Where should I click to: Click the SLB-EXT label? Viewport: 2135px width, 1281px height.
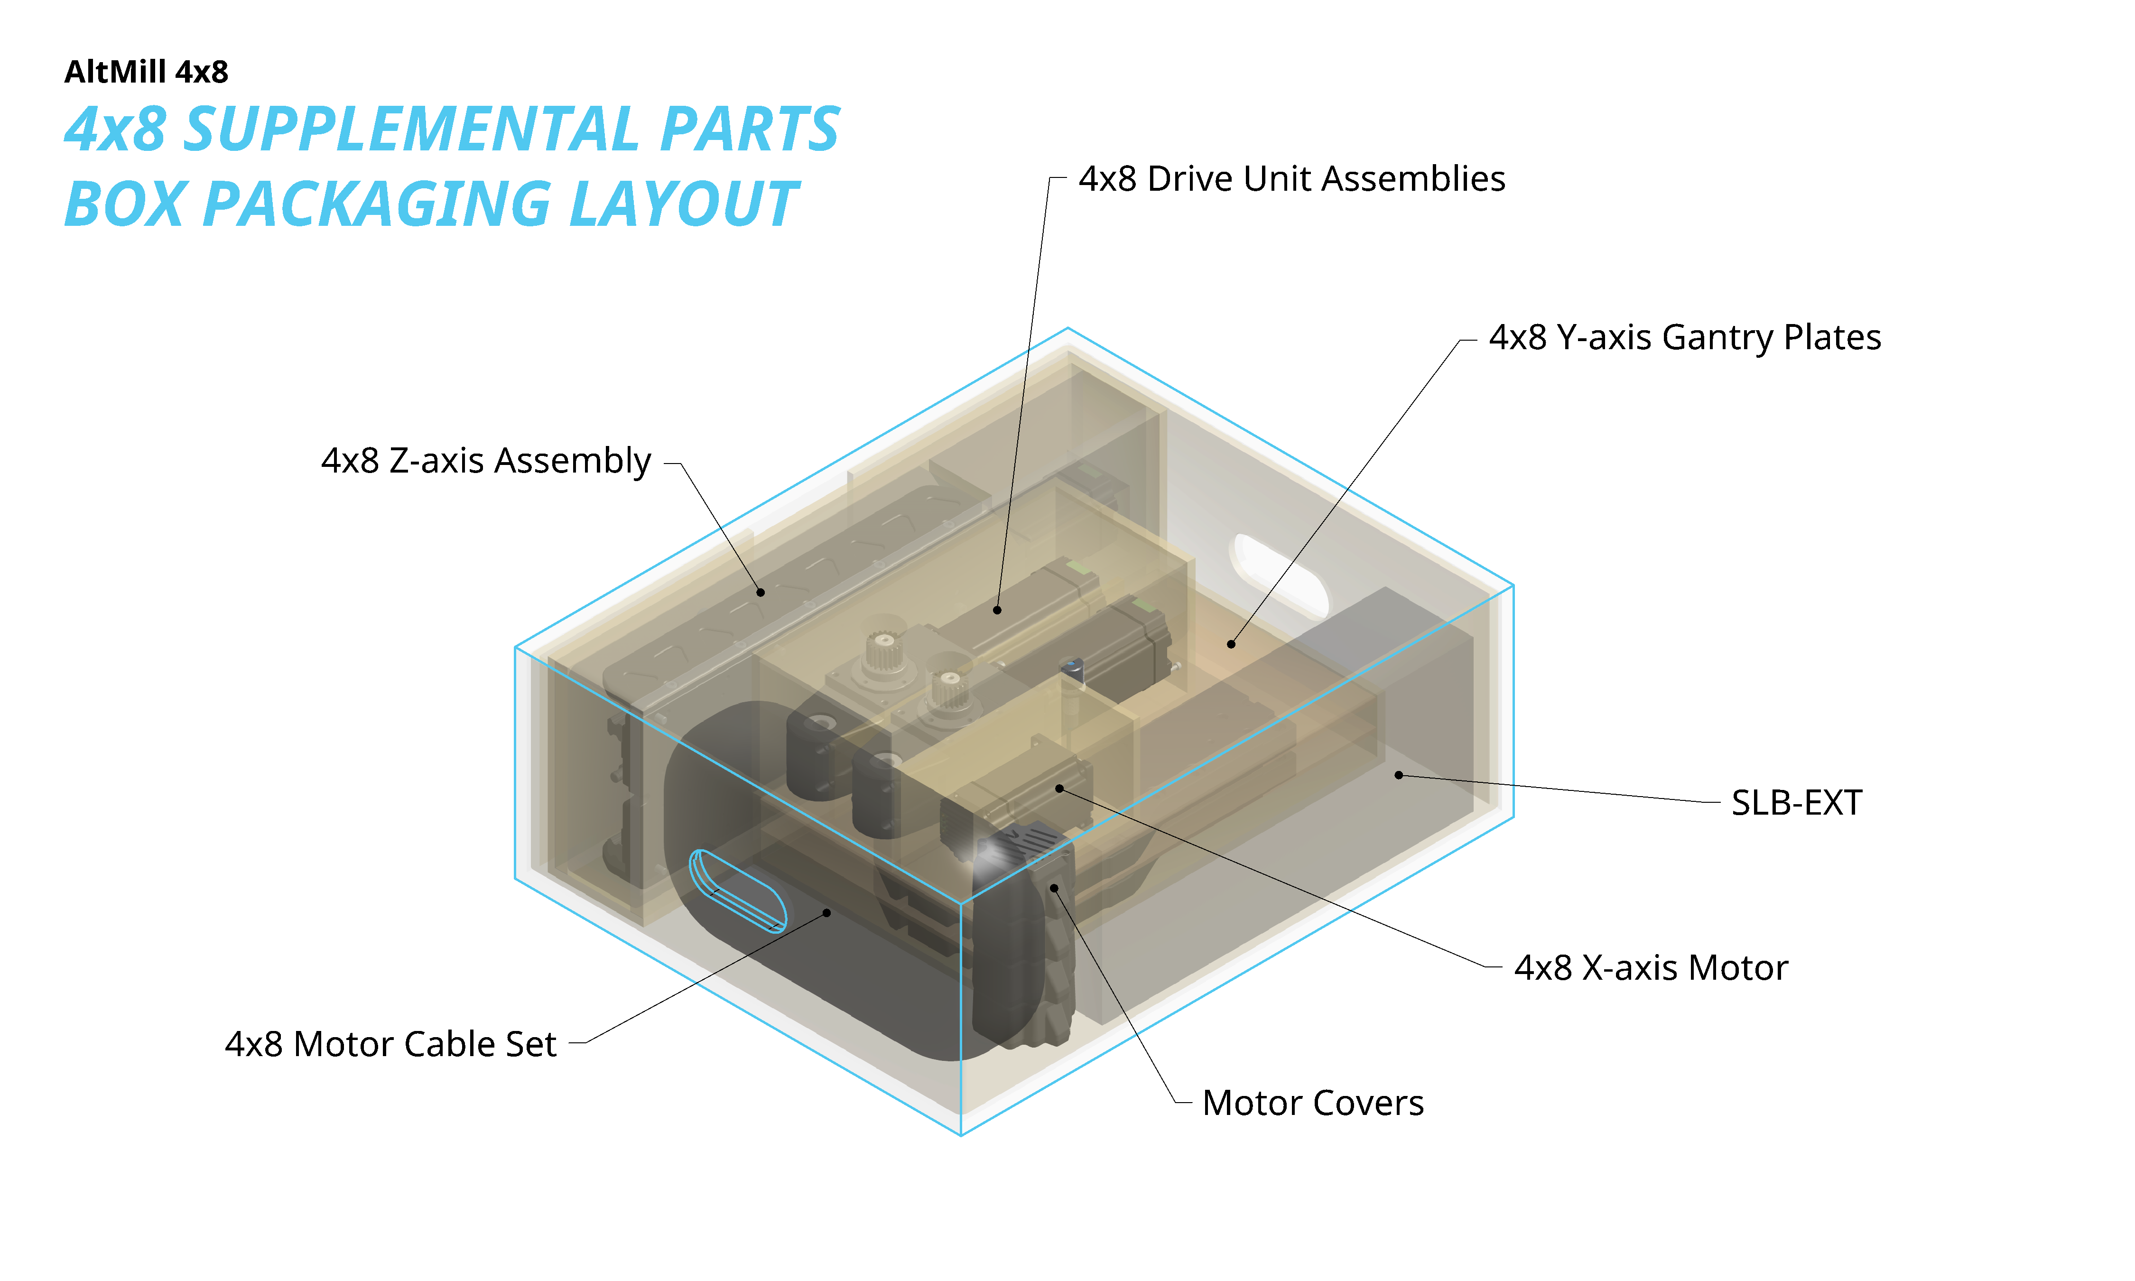(1796, 803)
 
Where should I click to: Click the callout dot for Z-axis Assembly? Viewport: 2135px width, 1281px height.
(760, 592)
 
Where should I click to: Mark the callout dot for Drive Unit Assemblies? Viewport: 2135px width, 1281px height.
(997, 610)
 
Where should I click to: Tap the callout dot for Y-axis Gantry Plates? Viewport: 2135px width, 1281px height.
(1231, 644)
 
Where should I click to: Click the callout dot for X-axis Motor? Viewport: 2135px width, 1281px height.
(1059, 788)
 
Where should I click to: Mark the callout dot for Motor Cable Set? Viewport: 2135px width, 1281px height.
(827, 912)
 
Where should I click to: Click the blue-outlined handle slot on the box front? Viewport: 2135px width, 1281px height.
(738, 891)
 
